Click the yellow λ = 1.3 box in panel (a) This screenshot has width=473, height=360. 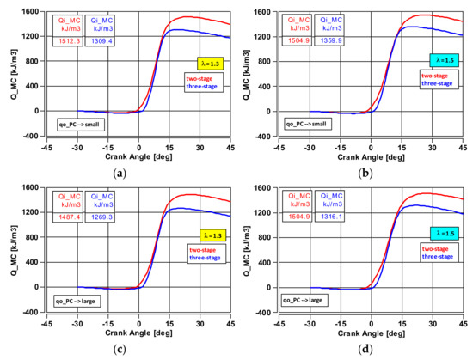click(x=209, y=63)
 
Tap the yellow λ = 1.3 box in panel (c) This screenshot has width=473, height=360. click(x=209, y=235)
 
